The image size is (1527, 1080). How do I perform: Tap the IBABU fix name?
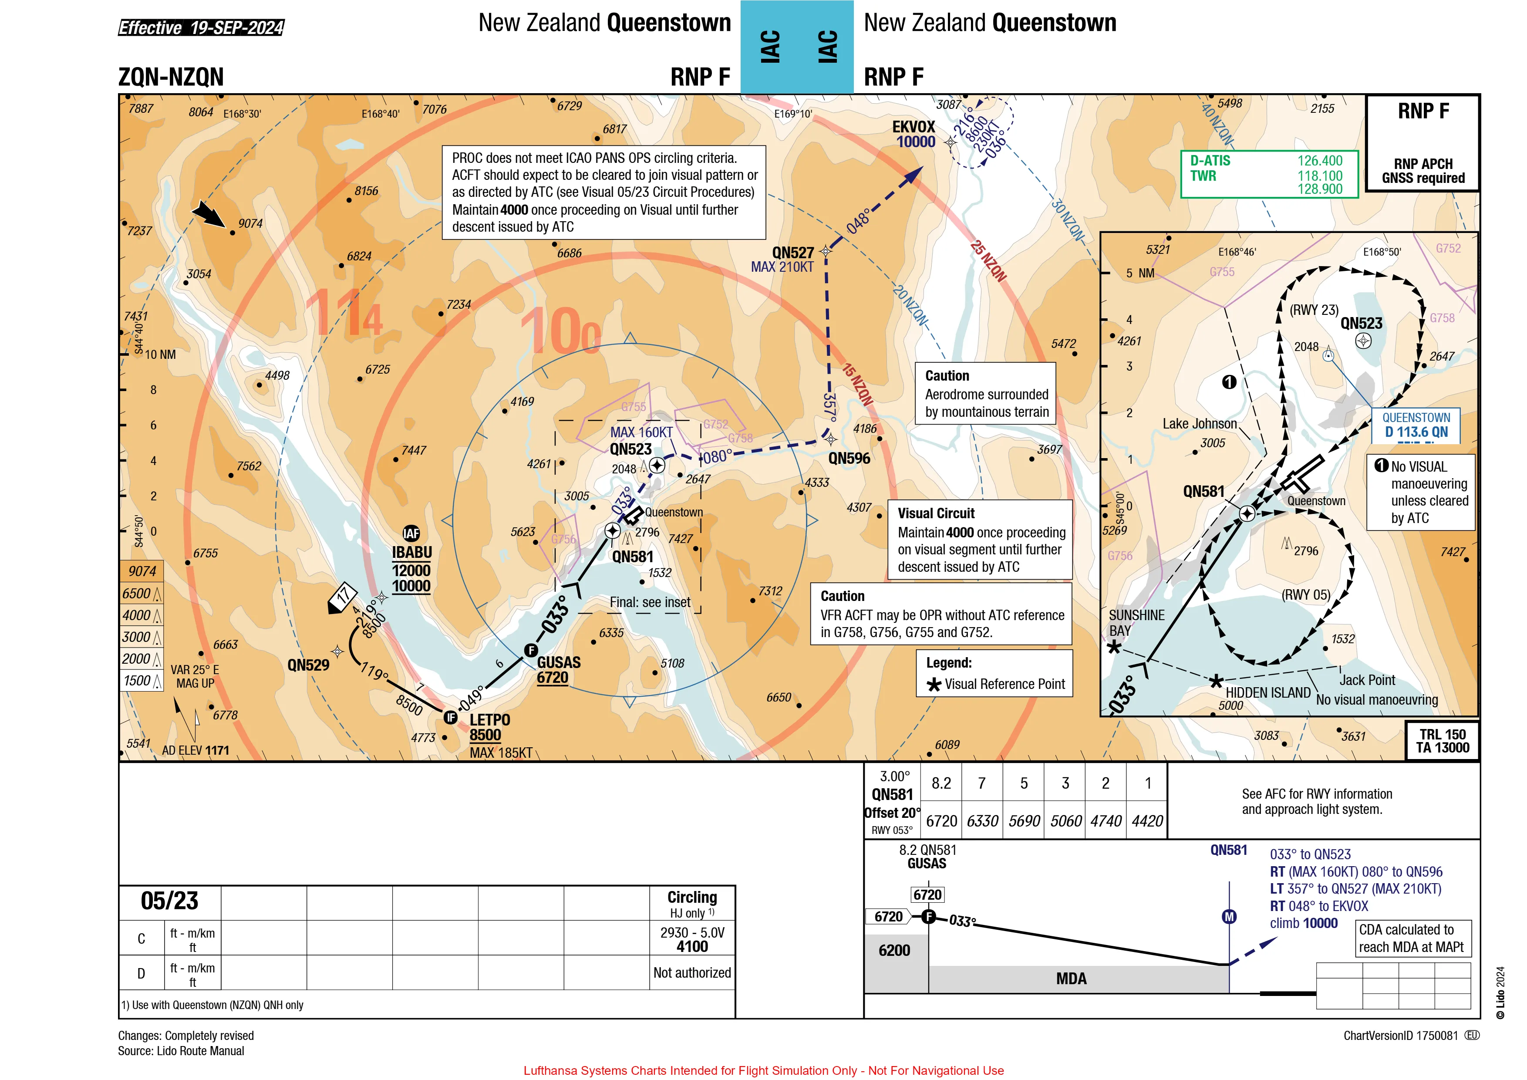coord(411,553)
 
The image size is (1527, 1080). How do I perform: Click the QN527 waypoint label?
coord(793,253)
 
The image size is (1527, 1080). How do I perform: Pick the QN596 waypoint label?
coord(849,458)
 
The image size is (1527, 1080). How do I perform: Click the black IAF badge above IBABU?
coord(411,533)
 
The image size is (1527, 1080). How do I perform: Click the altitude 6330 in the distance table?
coord(982,821)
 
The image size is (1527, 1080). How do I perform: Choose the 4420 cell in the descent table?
coord(1147,821)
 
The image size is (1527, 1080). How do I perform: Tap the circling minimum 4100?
coord(692,946)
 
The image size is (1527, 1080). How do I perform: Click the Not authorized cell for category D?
coord(692,972)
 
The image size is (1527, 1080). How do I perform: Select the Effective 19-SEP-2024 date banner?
coord(201,27)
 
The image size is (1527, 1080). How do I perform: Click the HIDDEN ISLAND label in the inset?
coord(1267,692)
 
